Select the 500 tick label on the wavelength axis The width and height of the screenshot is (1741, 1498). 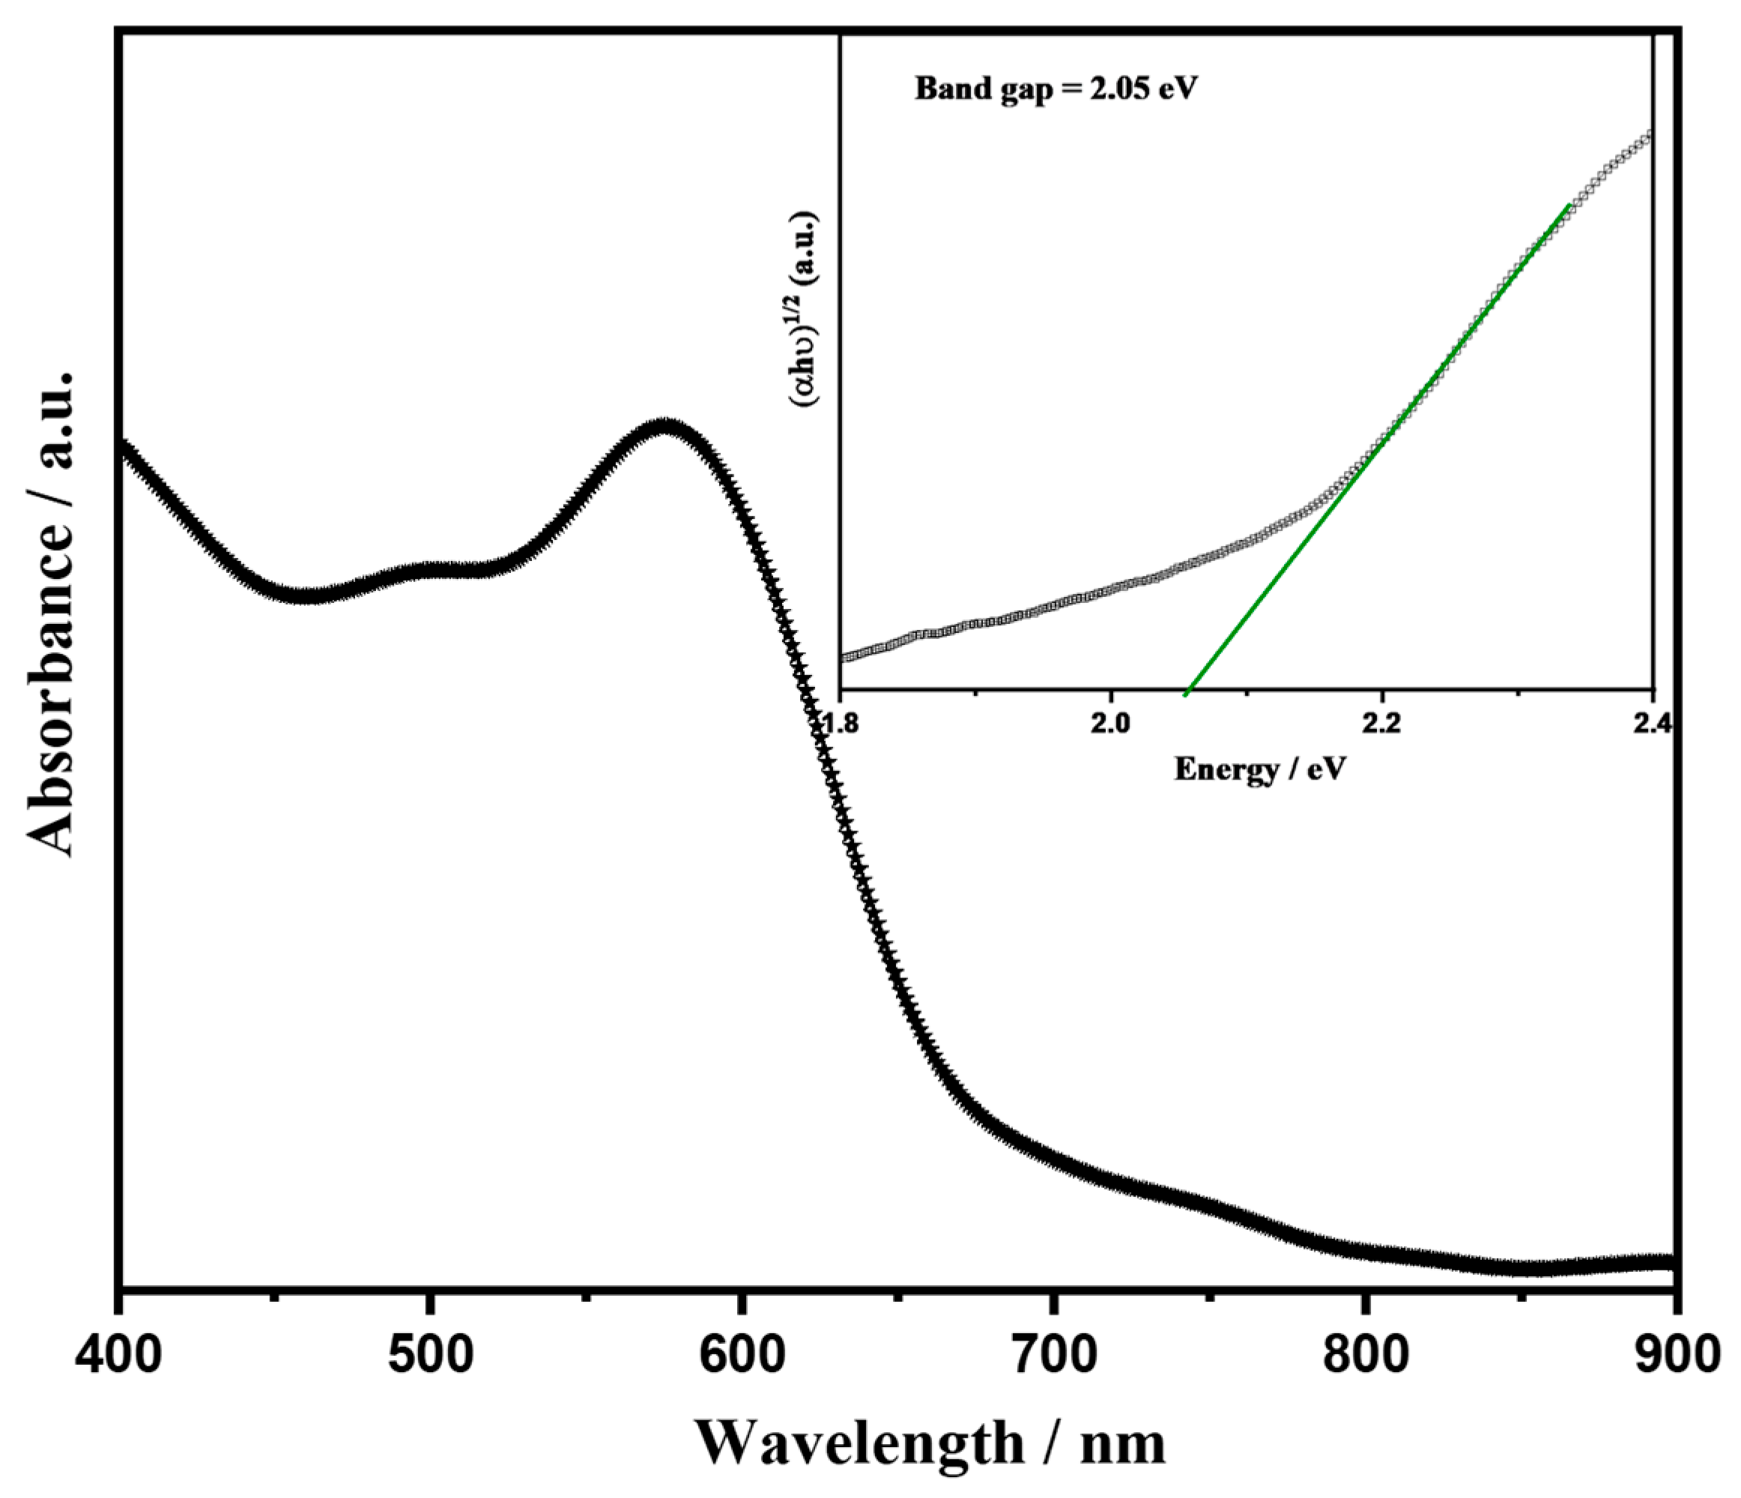[429, 1359]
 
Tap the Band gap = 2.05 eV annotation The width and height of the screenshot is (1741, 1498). [1056, 88]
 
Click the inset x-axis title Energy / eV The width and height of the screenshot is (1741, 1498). [1259, 768]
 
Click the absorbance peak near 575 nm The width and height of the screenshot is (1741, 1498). [665, 427]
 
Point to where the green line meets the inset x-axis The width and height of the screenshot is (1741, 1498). [1186, 693]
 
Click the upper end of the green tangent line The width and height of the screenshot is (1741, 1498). [1568, 205]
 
